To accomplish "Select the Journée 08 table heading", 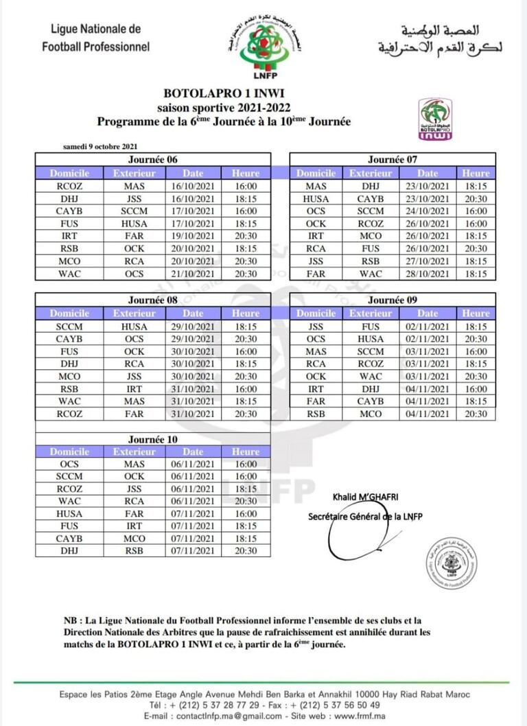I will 152,300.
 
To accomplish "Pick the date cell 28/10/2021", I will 428,274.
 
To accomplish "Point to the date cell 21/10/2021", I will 193,274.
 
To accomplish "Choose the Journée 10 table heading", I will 152,438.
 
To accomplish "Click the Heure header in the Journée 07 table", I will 476,174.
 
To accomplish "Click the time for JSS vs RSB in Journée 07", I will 476,261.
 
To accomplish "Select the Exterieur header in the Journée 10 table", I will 134,452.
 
